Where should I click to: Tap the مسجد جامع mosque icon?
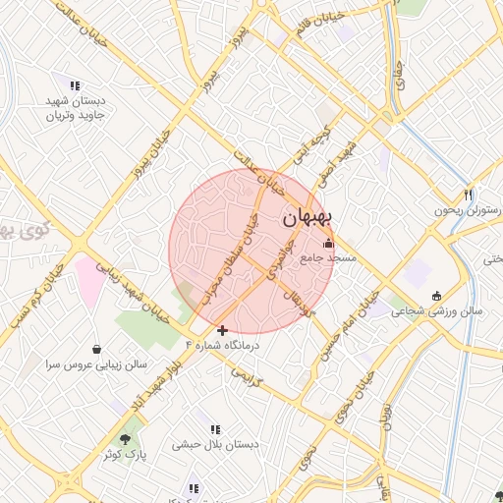pos(328,243)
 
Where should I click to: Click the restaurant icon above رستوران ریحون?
pos(469,194)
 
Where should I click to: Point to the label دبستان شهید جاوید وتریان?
pos(81,108)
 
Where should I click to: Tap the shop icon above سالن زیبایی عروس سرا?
pos(96,349)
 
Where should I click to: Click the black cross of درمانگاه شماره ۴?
pos(223,330)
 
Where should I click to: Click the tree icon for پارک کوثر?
pos(125,438)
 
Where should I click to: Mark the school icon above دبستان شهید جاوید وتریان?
pos(74,83)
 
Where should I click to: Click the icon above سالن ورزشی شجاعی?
pos(437,296)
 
